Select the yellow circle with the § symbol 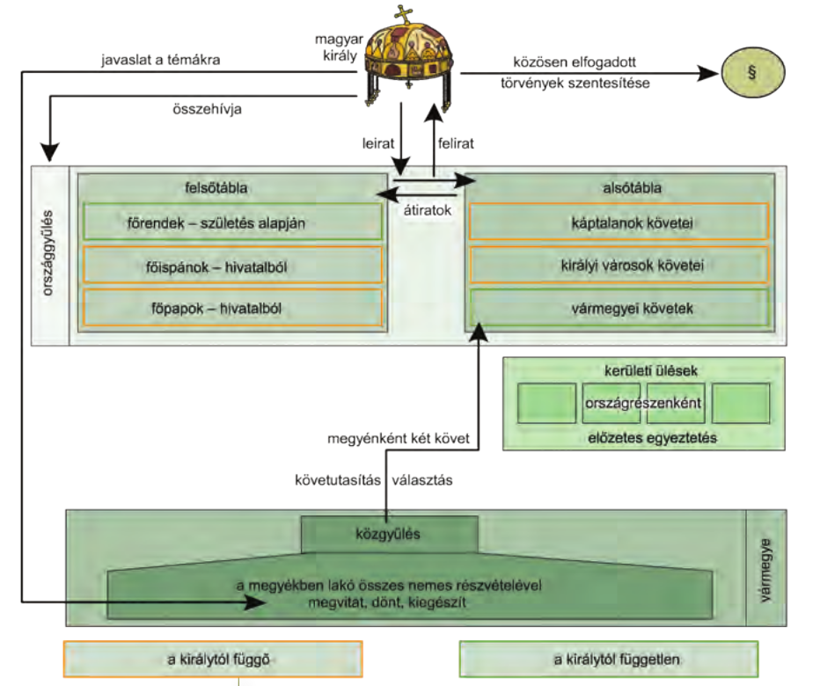(751, 75)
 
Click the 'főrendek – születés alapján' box (232, 222)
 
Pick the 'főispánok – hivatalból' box (232, 264)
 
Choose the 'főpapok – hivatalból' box (232, 307)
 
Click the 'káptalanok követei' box (619, 223)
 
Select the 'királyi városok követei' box (619, 264)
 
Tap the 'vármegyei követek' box (619, 307)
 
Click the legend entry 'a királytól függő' (212, 658)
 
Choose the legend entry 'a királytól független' (609, 658)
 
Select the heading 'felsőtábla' (232, 187)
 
